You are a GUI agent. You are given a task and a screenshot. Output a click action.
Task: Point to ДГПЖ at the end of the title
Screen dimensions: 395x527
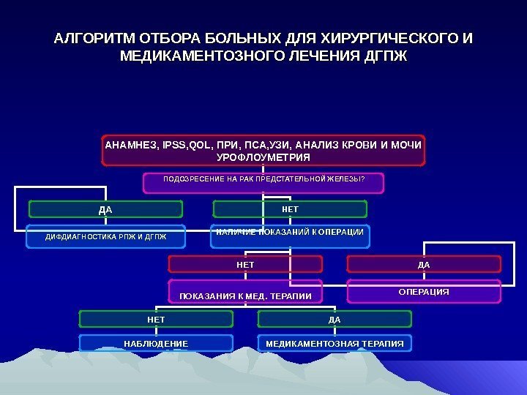(x=386, y=56)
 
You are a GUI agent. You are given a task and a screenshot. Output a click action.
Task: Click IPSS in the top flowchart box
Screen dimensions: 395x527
(x=173, y=145)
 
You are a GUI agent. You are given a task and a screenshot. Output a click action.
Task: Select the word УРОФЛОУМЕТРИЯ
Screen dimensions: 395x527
(x=263, y=157)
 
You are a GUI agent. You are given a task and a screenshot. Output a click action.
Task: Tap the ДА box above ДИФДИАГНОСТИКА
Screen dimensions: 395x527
(x=105, y=210)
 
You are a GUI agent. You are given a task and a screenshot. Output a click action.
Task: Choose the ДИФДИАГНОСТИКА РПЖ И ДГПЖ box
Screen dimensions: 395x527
(x=106, y=236)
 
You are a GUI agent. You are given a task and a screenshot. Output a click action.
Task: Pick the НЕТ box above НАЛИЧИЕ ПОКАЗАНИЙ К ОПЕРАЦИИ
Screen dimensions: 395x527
(x=290, y=210)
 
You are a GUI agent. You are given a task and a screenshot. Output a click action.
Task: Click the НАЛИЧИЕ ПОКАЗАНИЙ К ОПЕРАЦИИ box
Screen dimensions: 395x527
(x=290, y=233)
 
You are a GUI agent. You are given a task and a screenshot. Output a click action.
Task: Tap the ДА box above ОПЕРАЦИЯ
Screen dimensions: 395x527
(x=424, y=264)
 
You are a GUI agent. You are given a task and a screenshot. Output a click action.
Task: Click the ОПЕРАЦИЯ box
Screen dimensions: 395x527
(x=424, y=291)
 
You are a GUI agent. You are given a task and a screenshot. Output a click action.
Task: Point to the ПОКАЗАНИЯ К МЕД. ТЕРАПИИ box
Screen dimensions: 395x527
(x=246, y=294)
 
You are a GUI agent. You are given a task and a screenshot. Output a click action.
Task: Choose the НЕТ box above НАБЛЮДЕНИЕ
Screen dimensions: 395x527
(x=156, y=320)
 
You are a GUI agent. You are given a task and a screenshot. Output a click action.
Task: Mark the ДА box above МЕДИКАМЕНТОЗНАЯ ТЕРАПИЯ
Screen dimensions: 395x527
(x=334, y=320)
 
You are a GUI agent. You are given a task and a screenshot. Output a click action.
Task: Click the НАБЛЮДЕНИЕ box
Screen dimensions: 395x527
(x=156, y=343)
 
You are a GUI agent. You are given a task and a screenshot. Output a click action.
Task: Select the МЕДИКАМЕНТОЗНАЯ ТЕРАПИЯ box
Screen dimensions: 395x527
(x=334, y=343)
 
